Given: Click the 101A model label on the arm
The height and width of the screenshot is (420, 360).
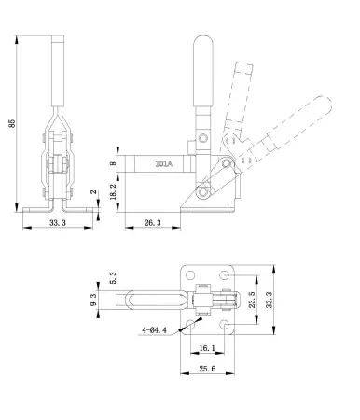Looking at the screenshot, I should point(161,162).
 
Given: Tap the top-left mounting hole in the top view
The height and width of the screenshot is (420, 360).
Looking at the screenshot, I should point(192,278).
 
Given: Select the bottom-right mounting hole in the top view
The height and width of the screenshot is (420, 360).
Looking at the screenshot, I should point(226,323).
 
